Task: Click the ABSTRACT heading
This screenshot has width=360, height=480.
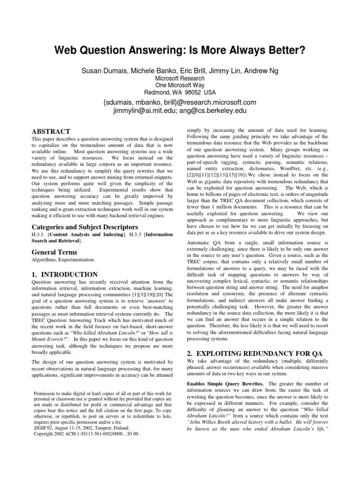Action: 51,132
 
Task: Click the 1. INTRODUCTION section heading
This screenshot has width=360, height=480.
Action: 64,274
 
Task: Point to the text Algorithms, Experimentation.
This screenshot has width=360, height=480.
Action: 63,259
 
